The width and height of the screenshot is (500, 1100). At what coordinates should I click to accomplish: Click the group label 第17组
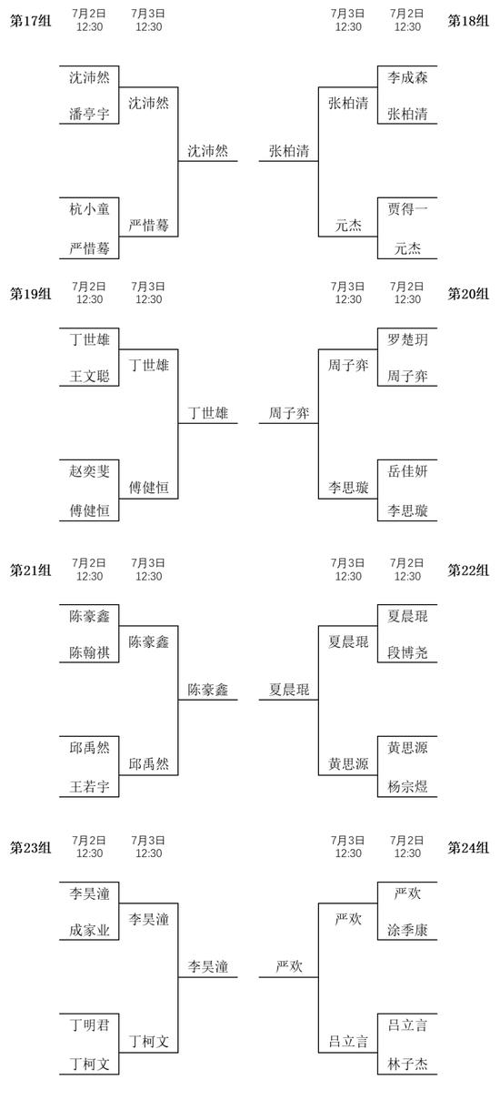tap(30, 21)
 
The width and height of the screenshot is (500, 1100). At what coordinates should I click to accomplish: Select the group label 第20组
tap(468, 294)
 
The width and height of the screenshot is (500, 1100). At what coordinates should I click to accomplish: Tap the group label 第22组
tap(468, 570)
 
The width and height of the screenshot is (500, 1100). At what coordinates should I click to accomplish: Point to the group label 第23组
tap(30, 848)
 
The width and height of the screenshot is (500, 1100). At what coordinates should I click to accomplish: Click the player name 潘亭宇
tap(89, 114)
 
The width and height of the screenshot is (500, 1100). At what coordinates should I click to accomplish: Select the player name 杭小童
tap(89, 209)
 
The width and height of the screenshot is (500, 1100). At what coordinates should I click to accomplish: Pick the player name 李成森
tap(407, 77)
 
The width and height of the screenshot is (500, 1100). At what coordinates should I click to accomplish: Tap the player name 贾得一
tap(407, 209)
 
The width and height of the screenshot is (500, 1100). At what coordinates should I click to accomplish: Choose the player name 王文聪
tap(89, 376)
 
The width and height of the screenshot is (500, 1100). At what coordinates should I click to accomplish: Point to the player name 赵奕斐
tap(89, 471)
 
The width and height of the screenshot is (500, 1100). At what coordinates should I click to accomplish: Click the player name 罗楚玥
tap(407, 339)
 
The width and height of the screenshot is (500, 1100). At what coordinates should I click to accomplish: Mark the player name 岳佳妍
tap(407, 471)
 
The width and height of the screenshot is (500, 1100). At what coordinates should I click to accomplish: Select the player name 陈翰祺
tap(89, 652)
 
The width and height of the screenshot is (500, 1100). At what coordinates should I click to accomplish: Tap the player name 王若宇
tap(89, 787)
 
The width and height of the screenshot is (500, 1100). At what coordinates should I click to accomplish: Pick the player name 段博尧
tap(407, 652)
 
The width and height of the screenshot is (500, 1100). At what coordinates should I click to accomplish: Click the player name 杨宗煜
tap(407, 787)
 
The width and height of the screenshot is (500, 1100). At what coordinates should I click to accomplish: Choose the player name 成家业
tap(89, 930)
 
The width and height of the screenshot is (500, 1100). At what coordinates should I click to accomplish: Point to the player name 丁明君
tap(89, 1024)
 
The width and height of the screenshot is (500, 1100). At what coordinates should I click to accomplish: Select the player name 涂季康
tap(407, 930)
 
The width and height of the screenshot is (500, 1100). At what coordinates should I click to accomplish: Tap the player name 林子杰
tap(407, 1065)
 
